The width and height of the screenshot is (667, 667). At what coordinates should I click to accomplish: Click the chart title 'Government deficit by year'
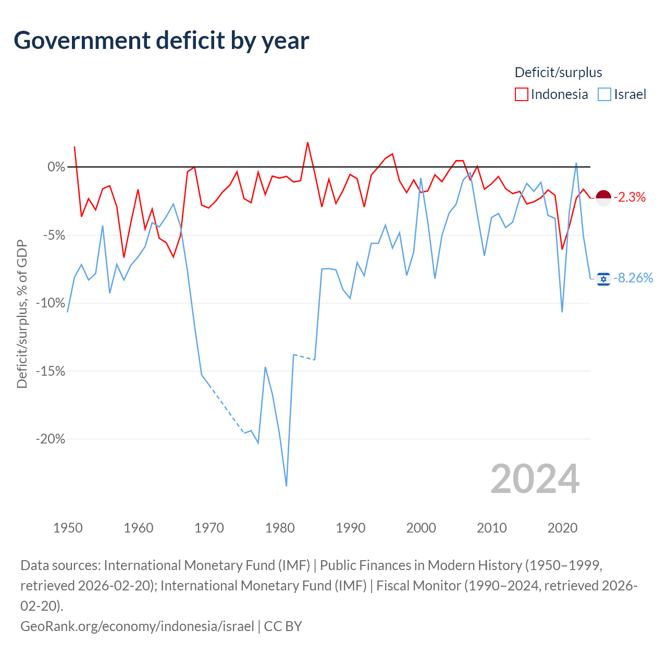[161, 41]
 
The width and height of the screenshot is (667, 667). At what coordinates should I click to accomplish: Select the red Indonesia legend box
[521, 94]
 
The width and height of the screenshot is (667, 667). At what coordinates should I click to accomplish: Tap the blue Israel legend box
[604, 94]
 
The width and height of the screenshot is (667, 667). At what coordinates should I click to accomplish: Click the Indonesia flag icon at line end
[603, 198]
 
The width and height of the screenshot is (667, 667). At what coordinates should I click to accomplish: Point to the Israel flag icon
[603, 279]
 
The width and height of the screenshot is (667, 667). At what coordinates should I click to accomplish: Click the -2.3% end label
[629, 197]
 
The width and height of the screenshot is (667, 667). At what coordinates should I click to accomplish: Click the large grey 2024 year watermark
[535, 479]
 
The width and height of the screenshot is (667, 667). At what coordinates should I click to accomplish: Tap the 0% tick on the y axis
[56, 167]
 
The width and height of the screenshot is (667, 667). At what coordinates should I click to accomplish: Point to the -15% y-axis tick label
[51, 372]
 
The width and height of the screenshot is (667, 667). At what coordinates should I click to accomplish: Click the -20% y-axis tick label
[51, 439]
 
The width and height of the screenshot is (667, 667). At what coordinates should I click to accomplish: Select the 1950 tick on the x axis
[68, 528]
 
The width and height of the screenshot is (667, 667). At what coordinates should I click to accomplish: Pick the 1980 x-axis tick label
[280, 528]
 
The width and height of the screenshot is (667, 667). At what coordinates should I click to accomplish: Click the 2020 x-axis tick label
[562, 528]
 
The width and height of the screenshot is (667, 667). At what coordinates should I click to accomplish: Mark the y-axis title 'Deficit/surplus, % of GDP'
[22, 314]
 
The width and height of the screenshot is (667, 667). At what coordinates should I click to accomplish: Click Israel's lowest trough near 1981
[286, 486]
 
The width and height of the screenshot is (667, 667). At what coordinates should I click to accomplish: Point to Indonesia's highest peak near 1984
[307, 143]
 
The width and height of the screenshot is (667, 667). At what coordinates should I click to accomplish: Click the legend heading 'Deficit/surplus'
[558, 72]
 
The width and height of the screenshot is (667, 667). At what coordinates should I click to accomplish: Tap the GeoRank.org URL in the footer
[137, 626]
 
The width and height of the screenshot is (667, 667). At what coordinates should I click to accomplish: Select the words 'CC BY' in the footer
[283, 626]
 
